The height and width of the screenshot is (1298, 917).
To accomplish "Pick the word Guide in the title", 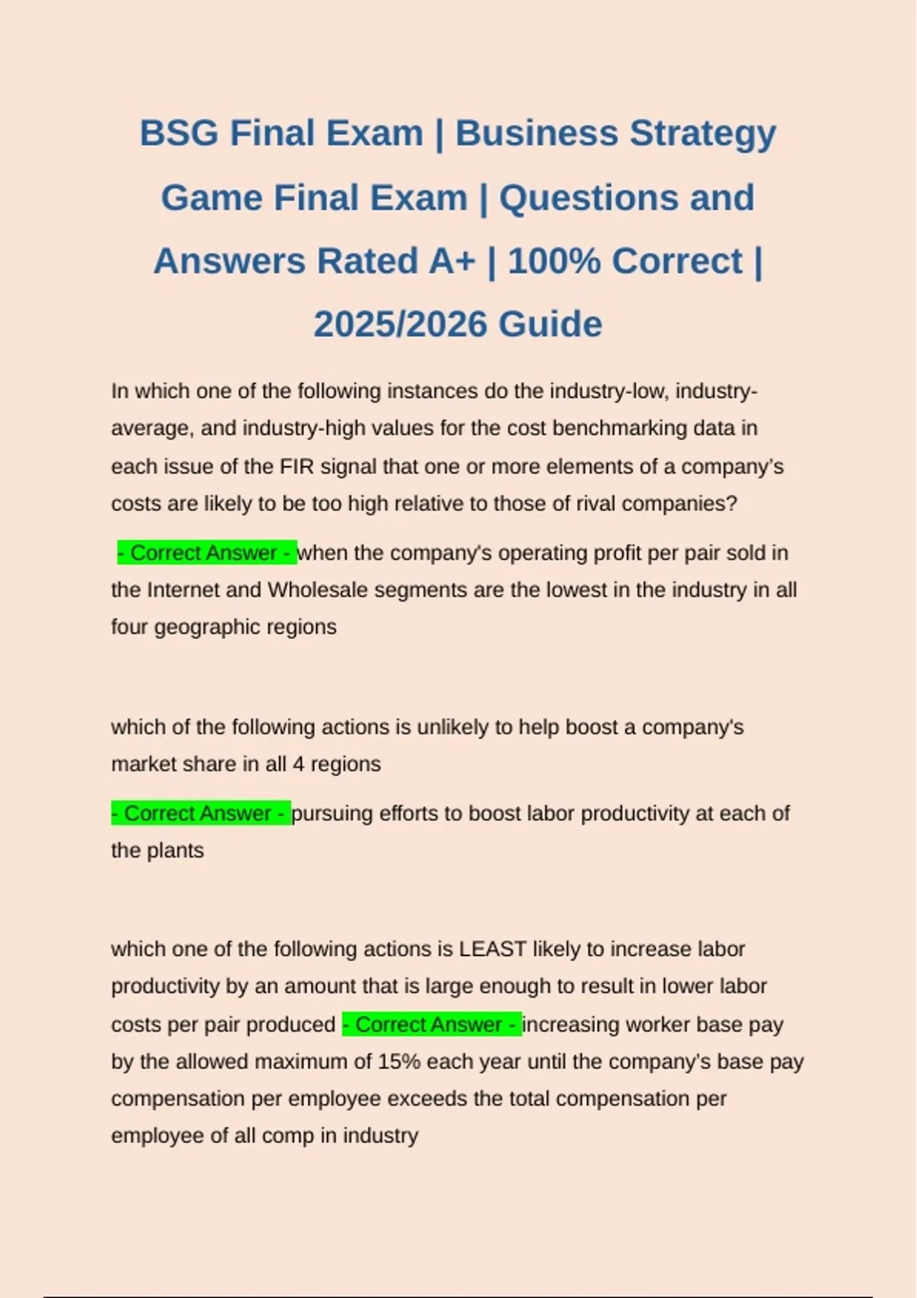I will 551,324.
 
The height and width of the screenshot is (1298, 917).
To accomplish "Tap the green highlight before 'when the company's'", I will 206,553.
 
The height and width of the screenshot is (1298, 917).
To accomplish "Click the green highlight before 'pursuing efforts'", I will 201,813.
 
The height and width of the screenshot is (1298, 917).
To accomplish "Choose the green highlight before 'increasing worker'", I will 432,1024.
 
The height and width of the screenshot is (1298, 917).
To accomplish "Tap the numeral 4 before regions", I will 298,764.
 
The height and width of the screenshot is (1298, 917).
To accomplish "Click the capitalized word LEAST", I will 492,949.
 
